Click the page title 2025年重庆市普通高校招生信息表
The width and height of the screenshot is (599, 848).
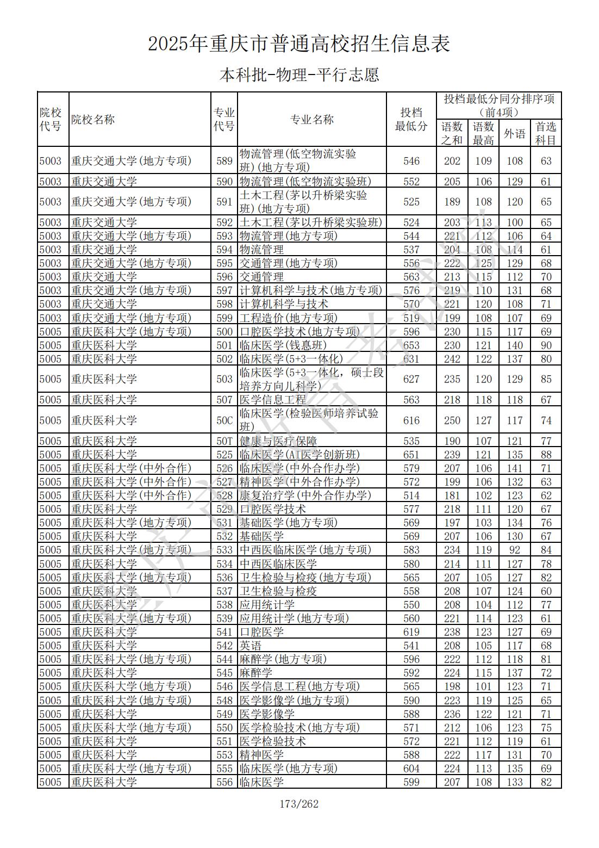click(x=299, y=44)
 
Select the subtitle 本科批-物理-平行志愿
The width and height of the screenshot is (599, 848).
click(x=299, y=75)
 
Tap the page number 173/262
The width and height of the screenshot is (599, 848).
click(x=299, y=804)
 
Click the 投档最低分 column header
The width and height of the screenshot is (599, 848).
click(x=411, y=119)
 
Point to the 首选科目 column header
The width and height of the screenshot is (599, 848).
click(x=546, y=133)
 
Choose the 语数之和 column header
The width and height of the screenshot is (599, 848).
click(x=452, y=133)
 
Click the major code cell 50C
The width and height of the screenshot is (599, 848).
click(x=224, y=420)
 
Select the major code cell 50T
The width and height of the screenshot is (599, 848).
click(x=224, y=441)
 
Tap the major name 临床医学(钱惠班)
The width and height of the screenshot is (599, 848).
click(x=283, y=345)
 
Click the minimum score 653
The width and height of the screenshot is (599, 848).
click(x=411, y=345)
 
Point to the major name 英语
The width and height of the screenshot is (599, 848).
click(x=251, y=646)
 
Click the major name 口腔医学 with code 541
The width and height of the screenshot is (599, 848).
click(x=261, y=632)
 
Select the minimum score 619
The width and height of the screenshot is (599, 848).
click(x=411, y=632)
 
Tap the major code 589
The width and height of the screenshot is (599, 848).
click(x=224, y=161)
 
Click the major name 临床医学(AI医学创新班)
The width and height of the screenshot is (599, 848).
click(x=299, y=455)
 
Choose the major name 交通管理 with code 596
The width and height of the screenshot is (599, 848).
click(x=261, y=277)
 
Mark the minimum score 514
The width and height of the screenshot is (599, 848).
click(x=411, y=496)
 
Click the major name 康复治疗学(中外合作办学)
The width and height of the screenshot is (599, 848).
click(x=305, y=496)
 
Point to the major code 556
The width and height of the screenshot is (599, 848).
click(x=224, y=782)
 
